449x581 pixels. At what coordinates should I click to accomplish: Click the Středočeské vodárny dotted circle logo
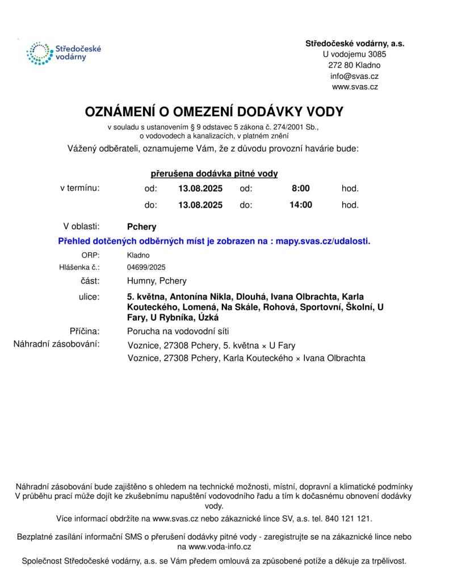(38, 53)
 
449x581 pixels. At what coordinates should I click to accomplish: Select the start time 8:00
(300, 188)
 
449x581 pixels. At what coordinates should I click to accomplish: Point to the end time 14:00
(300, 205)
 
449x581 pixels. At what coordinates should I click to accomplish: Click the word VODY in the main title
(323, 112)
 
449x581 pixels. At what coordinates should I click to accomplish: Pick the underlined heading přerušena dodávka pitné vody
(214, 174)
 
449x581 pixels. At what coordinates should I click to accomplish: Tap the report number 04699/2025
(146, 267)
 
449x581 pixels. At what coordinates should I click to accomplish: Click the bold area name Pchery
(141, 226)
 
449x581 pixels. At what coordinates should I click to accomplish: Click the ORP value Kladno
(139, 255)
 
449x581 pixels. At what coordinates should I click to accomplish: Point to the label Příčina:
(85, 331)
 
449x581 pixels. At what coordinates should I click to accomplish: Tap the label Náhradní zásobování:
(57, 344)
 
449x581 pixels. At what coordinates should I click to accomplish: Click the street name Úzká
(207, 318)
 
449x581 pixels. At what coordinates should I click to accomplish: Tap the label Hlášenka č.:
(79, 267)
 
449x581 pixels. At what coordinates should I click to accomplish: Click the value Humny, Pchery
(157, 281)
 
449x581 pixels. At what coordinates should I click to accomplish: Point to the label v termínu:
(80, 188)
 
